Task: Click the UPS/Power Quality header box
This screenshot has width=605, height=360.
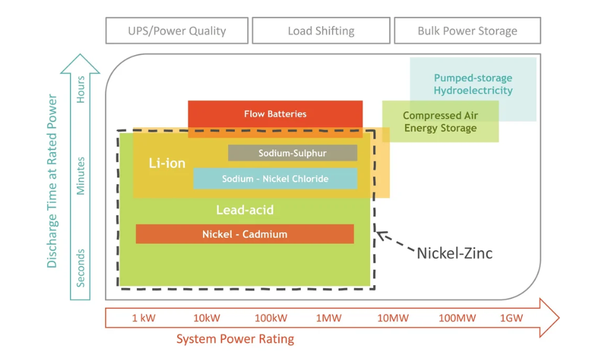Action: pyautogui.click(x=177, y=31)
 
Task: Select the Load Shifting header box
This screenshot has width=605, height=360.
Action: pyautogui.click(x=321, y=31)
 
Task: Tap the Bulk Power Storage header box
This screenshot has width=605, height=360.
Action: pyautogui.click(x=467, y=31)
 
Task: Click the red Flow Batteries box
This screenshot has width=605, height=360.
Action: pyautogui.click(x=275, y=114)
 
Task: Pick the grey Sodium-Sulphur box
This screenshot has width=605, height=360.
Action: pyautogui.click(x=292, y=153)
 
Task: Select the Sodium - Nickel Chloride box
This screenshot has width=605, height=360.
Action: pyautogui.click(x=275, y=179)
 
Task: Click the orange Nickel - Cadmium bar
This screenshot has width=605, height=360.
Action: pyautogui.click(x=245, y=235)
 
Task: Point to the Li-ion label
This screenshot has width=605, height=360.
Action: pyautogui.click(x=167, y=163)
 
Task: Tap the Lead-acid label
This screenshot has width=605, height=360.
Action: pyautogui.click(x=245, y=210)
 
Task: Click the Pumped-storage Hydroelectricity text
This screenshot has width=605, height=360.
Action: pyautogui.click(x=473, y=84)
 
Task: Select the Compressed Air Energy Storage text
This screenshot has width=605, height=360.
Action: pyautogui.click(x=440, y=122)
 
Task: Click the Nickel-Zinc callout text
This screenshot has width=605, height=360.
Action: pyautogui.click(x=455, y=253)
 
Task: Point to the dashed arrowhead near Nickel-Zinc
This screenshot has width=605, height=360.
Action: pyautogui.click(x=381, y=236)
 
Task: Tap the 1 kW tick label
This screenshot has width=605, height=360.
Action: pyautogui.click(x=144, y=318)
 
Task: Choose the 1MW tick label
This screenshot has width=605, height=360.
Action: pyautogui.click(x=328, y=318)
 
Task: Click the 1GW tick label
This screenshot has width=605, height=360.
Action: pyautogui.click(x=511, y=318)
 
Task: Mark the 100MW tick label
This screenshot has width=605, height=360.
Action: pyautogui.click(x=457, y=318)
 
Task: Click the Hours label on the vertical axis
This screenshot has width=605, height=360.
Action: pyautogui.click(x=81, y=90)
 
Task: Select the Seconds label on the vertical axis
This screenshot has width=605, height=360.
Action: pyautogui.click(x=81, y=268)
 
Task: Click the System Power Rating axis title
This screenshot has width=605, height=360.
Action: pyautogui.click(x=235, y=339)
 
